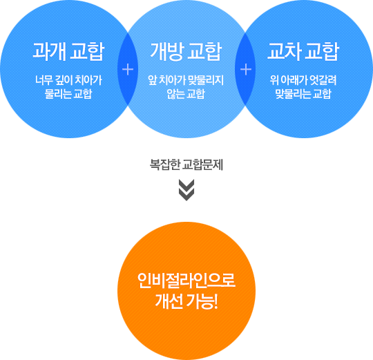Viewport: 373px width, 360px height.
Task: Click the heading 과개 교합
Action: pos(68,51)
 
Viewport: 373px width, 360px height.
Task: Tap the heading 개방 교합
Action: pos(186,51)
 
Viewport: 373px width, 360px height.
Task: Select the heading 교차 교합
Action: pos(303,51)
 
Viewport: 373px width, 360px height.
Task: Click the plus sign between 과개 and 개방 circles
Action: pos(128,70)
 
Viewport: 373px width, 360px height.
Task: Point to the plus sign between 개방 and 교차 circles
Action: pos(246,70)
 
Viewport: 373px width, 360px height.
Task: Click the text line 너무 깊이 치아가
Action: pos(68,80)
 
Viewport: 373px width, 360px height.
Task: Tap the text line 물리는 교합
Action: pos(68,93)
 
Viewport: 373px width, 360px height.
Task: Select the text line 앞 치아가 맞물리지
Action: pos(186,80)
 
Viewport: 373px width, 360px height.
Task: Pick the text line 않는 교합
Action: pos(186,93)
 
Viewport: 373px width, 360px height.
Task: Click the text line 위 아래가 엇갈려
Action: pos(303,80)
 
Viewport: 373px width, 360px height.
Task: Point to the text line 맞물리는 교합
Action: pos(303,93)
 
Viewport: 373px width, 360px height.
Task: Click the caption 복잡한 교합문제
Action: pos(186,164)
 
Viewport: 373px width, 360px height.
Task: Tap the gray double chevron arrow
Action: pos(186,190)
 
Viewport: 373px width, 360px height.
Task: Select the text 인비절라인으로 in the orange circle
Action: pos(186,281)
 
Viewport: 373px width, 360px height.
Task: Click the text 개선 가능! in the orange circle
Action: pos(186,301)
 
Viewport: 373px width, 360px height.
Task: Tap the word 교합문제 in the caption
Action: pos(203,164)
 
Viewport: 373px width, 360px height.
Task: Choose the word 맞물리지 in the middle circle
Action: pos(206,80)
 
